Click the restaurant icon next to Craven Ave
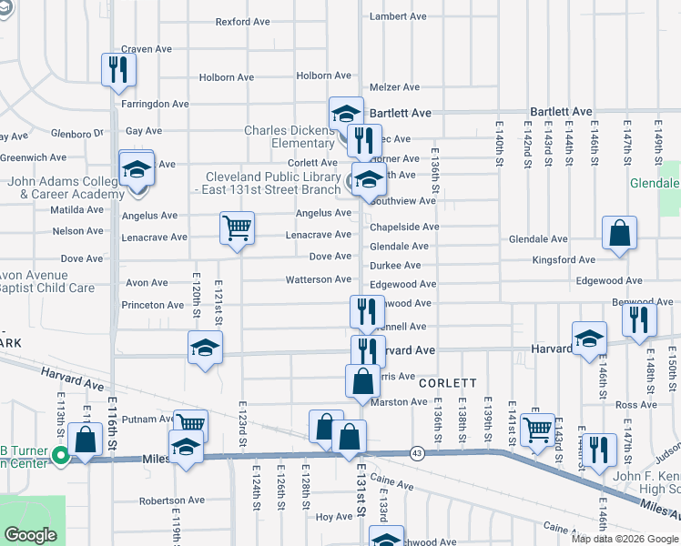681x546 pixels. click(x=118, y=70)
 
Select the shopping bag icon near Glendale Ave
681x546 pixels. click(x=619, y=233)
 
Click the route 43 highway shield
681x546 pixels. click(x=416, y=452)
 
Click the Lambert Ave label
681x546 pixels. click(x=399, y=16)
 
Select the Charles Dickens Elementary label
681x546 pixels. click(x=290, y=136)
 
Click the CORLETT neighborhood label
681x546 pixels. click(x=448, y=384)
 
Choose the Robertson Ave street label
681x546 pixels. click(x=172, y=500)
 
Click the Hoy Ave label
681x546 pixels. click(x=333, y=517)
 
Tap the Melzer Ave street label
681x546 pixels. click(x=394, y=87)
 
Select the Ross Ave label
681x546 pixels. click(x=635, y=404)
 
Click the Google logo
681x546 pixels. click(x=32, y=535)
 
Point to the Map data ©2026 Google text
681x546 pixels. click(x=625, y=539)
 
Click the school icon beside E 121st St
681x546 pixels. click(x=205, y=347)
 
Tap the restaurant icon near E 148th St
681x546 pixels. click(x=638, y=318)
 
